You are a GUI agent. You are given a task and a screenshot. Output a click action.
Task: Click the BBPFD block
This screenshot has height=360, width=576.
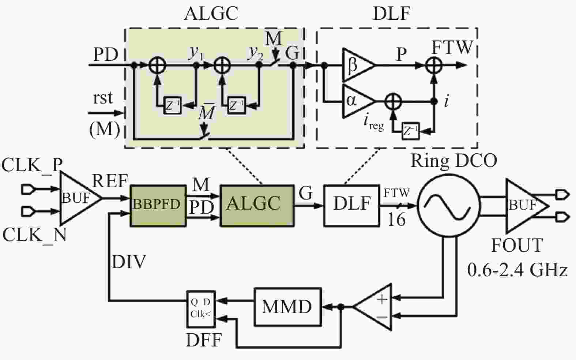(x=158, y=206)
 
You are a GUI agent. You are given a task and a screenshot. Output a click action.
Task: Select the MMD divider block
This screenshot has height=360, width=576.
(x=288, y=307)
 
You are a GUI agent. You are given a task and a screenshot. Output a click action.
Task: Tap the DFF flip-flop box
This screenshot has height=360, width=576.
(x=201, y=309)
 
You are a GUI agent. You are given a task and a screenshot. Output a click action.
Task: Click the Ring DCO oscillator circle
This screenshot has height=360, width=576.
(x=448, y=205)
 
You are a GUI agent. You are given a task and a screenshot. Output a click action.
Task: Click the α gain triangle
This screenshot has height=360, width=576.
(x=357, y=101)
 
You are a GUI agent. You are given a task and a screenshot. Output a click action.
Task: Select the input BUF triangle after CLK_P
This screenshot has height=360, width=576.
(x=81, y=199)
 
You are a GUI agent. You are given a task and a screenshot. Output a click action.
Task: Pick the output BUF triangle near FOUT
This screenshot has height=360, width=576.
(x=527, y=206)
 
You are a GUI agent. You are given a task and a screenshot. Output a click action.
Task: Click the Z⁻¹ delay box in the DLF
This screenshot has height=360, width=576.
(x=411, y=131)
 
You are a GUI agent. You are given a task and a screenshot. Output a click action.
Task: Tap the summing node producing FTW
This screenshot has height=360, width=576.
(x=434, y=65)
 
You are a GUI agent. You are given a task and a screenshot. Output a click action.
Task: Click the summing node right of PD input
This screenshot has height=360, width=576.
(x=157, y=65)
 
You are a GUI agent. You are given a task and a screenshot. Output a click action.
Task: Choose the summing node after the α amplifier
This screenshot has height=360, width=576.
(x=393, y=101)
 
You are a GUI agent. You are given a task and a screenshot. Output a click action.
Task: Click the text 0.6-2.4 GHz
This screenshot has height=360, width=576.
(x=517, y=270)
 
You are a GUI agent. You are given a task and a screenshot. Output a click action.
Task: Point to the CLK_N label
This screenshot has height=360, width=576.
(x=34, y=235)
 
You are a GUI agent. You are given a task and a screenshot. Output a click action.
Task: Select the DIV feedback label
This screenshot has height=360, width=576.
(x=129, y=262)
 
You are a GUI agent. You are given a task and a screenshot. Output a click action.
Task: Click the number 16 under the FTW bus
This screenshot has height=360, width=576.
(x=396, y=220)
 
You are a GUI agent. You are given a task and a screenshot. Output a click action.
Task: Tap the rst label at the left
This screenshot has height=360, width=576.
(x=103, y=98)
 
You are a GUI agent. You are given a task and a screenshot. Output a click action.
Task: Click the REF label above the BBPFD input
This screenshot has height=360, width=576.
(x=110, y=181)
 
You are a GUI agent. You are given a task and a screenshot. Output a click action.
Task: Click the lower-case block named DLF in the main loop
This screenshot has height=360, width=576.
(x=352, y=206)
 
